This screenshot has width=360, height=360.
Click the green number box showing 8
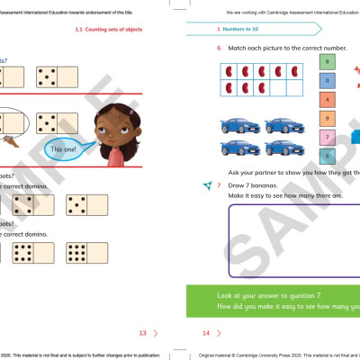tap(327, 61)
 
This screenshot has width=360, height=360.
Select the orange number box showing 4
tap(327, 99)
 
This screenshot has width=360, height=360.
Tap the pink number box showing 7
tap(327, 137)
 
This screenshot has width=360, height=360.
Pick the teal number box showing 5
tap(327, 155)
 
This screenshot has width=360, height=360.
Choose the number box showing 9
tap(327, 118)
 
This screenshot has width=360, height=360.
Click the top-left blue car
tap(237, 122)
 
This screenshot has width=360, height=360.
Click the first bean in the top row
tap(229, 70)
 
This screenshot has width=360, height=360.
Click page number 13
tap(142, 333)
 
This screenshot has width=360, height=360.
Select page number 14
tap(205, 333)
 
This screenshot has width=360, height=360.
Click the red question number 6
tap(219, 47)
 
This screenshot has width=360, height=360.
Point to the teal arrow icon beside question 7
tap(208, 184)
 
